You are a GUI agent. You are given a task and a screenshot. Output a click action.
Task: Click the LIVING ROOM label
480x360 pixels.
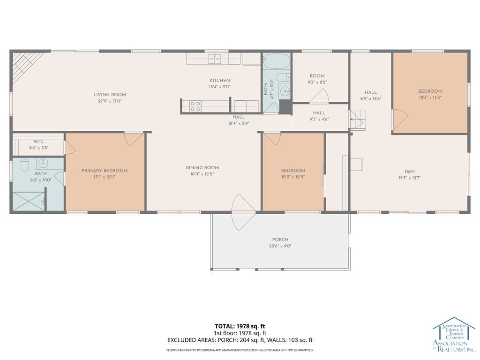pyautogui.click(x=109, y=95)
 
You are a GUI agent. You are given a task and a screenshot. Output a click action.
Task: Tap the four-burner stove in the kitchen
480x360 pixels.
pyautogui.click(x=195, y=106)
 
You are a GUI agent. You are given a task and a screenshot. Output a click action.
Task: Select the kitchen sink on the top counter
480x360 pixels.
pyautogui.click(x=215, y=58)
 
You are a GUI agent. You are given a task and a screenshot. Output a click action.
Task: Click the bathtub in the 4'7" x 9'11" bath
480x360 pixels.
pyautogui.click(x=277, y=61)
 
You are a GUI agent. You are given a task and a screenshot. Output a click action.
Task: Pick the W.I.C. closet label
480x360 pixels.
pyautogui.click(x=38, y=142)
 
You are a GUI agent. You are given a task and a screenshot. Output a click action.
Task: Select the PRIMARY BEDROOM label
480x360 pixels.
pyautogui.click(x=105, y=171)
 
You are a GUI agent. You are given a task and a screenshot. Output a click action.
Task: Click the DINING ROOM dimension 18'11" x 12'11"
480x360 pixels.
pyautogui.click(x=202, y=174)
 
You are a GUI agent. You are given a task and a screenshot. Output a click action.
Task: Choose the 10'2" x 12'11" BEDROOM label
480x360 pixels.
pyautogui.click(x=293, y=171)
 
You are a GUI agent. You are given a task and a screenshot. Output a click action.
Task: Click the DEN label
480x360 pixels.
pyautogui.click(x=410, y=172)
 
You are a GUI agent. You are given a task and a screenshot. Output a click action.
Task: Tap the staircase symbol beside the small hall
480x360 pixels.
pyautogui.click(x=357, y=120)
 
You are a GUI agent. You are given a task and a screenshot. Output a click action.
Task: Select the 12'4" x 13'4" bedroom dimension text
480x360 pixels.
pyautogui.click(x=430, y=98)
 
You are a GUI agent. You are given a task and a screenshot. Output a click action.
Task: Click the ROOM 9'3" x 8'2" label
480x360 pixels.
pyautogui.click(x=317, y=76)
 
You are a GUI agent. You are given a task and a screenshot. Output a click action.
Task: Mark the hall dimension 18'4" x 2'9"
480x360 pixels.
pyautogui.click(x=239, y=124)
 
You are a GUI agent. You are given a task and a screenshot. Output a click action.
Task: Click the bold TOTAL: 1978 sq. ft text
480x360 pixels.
pyautogui.click(x=240, y=326)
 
